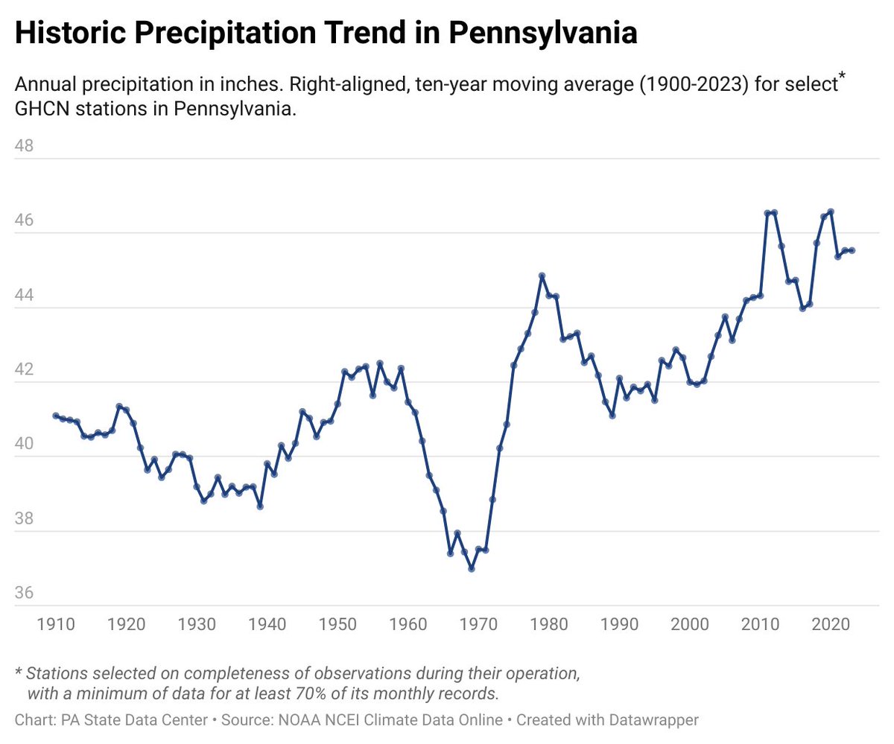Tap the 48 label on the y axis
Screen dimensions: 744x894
point(25,146)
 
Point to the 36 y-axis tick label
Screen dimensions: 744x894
point(25,594)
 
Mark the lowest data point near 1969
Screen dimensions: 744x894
point(472,568)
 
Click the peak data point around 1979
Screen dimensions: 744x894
point(542,276)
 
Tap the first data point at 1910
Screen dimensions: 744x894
point(56,416)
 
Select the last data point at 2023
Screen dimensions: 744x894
point(852,250)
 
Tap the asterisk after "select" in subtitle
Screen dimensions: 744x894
point(842,78)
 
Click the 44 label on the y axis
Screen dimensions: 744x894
point(25,296)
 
